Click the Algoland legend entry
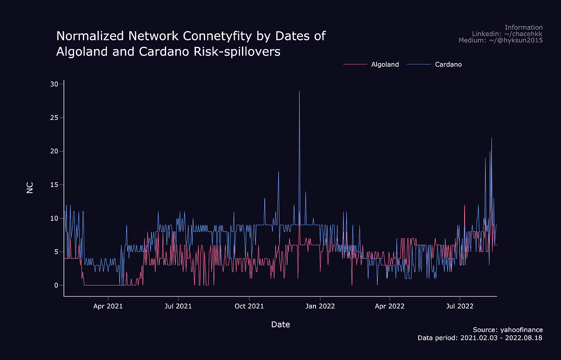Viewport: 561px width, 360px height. coord(385,64)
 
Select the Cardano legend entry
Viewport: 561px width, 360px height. coord(448,64)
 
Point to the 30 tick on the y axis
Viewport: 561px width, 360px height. coord(54,84)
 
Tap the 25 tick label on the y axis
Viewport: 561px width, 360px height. coord(54,118)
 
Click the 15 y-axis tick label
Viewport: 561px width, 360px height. coord(54,185)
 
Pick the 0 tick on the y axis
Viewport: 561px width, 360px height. coord(56,286)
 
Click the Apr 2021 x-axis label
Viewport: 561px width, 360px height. coord(108,306)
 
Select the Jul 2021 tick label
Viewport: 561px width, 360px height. coord(178,306)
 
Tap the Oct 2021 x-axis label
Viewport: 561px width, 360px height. coord(249,306)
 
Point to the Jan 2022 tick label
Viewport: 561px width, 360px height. coord(320,306)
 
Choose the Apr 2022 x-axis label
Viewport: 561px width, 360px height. coord(390,306)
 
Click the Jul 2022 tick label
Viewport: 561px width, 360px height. coord(460,306)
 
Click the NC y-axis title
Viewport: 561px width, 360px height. coord(30,187)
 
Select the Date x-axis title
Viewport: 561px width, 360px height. coord(280,325)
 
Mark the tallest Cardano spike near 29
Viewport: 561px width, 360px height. coord(299,92)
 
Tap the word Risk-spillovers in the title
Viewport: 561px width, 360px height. coord(235,52)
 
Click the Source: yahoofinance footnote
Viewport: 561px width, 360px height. coord(508,330)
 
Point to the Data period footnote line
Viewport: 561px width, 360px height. coord(480,338)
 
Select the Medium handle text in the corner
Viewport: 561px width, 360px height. coord(501,40)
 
